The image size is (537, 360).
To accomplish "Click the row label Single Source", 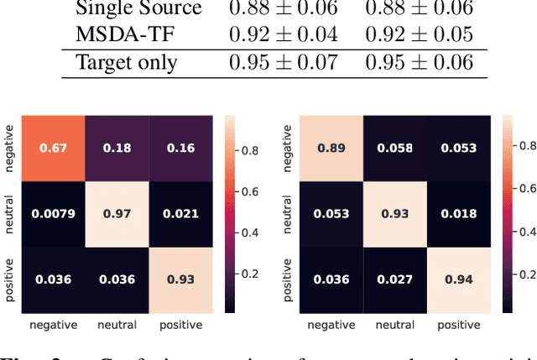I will tap(138, 9).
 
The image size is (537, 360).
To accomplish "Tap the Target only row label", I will tap(127, 63).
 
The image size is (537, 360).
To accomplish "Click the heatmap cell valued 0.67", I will tap(53, 149).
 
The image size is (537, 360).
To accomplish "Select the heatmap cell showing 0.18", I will tap(117, 149).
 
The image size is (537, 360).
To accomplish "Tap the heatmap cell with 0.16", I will tap(180, 149).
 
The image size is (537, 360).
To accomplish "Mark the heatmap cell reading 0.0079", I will tap(53, 213).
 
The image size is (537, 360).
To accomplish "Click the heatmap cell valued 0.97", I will tap(117, 213).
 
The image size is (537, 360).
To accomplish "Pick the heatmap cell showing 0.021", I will tap(180, 213).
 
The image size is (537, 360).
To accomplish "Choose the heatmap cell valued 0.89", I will tap(331, 149).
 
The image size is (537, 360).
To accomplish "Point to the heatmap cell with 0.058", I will tap(394, 149).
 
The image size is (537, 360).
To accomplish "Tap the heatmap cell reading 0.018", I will tap(457, 213).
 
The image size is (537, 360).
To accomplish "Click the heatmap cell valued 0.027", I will tap(394, 279).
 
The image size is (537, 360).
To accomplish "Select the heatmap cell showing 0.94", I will tap(457, 279).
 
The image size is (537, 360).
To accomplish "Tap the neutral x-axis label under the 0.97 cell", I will tap(117, 325).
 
